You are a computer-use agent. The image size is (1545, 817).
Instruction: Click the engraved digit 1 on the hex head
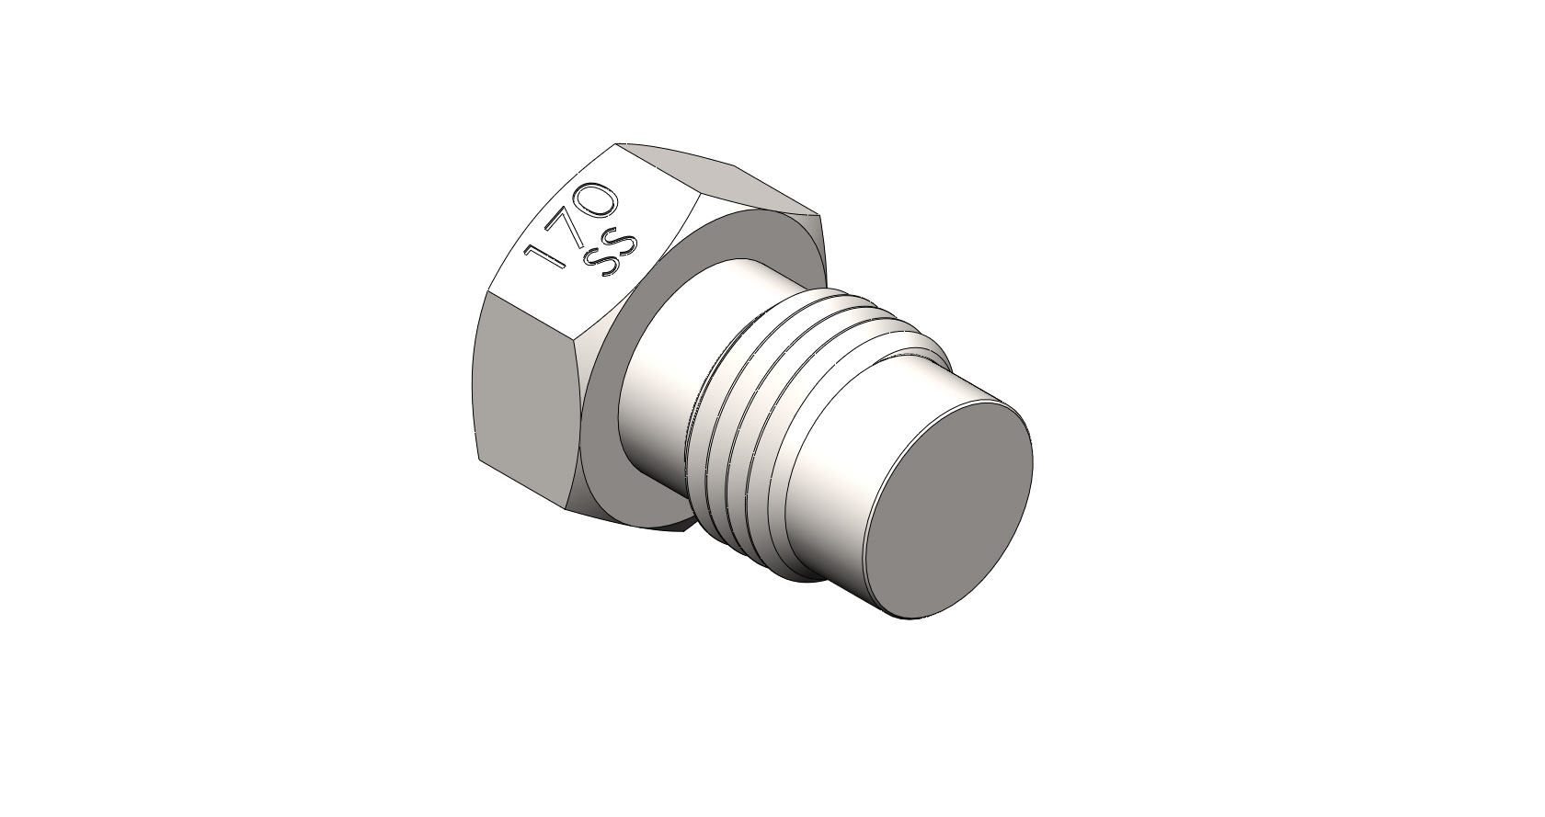(544, 255)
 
